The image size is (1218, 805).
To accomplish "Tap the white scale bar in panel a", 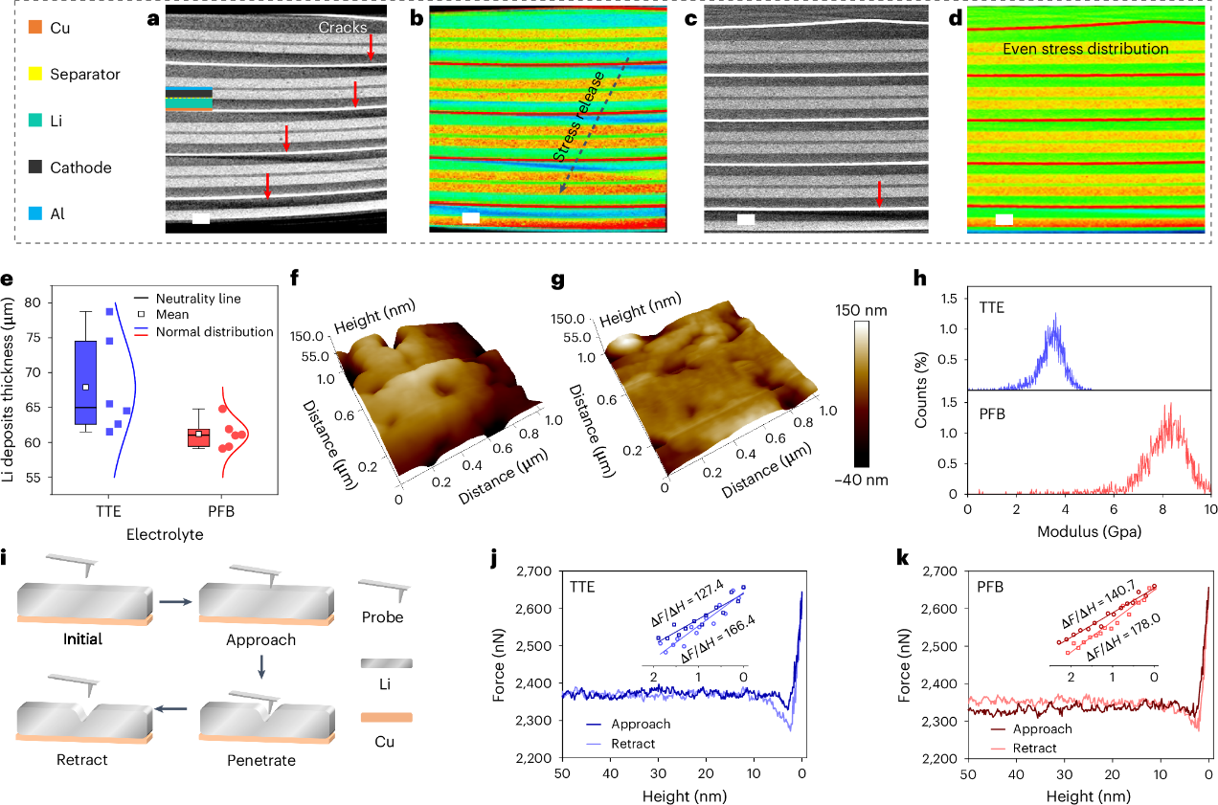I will coord(200,219).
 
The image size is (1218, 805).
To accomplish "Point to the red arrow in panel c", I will coord(878,194).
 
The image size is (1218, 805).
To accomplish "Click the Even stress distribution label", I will coord(1086,48).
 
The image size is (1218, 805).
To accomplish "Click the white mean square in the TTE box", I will coord(85,388).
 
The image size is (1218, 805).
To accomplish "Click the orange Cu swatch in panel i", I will coord(386,716).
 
